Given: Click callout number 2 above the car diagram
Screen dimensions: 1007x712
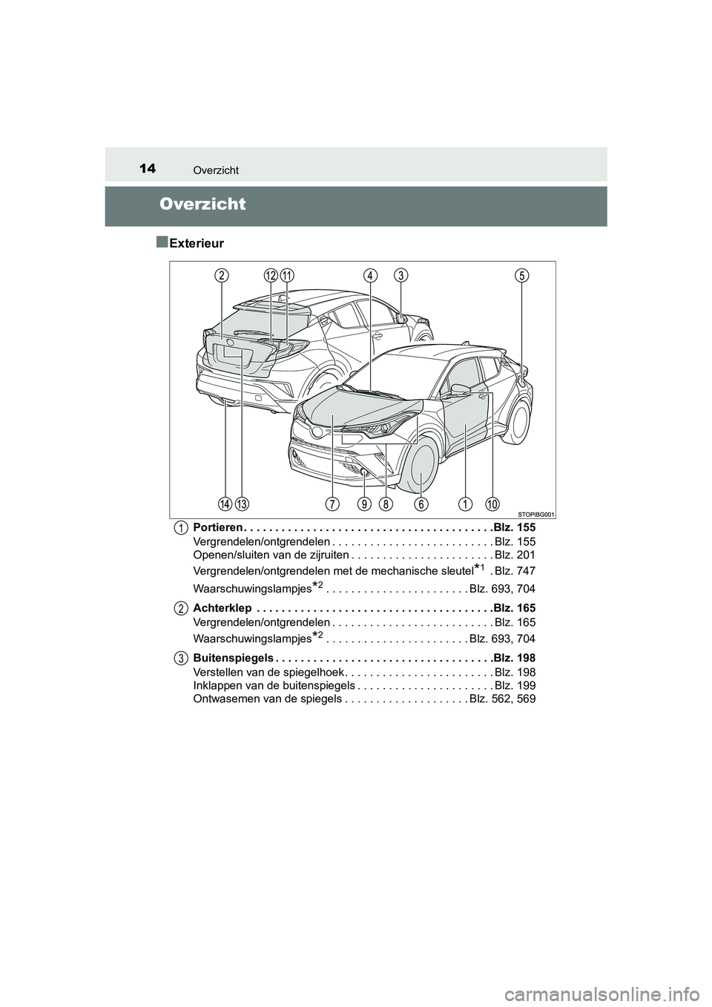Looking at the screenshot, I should pyautogui.click(x=222, y=275).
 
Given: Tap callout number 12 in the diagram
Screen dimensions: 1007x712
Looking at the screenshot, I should pyautogui.click(x=271, y=275).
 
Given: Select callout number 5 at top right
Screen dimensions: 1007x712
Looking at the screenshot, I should pyautogui.click(x=522, y=275).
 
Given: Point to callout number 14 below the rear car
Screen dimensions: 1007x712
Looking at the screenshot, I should pyautogui.click(x=225, y=504).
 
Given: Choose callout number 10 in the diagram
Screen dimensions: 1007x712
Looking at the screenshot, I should pyautogui.click(x=492, y=504).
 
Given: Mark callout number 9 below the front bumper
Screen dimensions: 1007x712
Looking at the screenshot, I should pyautogui.click(x=364, y=504).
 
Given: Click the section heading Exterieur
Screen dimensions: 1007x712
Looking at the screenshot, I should pyautogui.click(x=196, y=242).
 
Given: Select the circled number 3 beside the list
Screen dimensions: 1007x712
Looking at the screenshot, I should pyautogui.click(x=181, y=658).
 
